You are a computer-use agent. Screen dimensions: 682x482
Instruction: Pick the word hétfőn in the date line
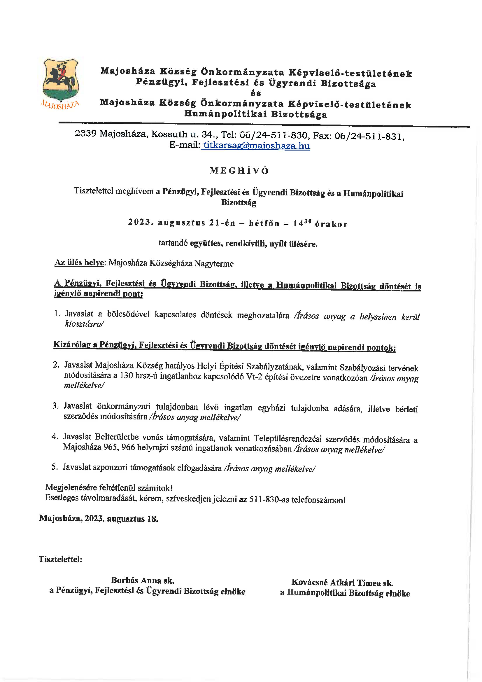click(264, 223)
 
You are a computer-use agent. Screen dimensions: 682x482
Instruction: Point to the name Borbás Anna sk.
click(142, 580)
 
